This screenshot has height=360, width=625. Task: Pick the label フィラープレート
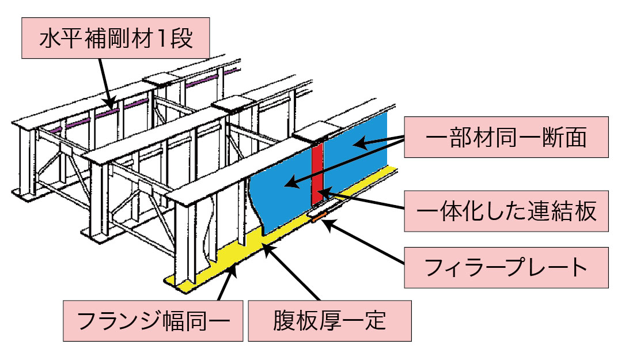coord(506,268)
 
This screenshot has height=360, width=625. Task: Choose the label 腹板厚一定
coord(329,320)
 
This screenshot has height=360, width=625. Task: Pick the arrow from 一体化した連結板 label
coord(369,203)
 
